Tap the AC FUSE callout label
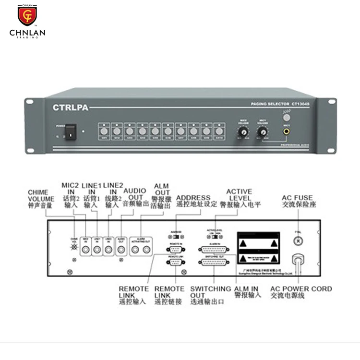pos(298,200)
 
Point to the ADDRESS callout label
pos(193,200)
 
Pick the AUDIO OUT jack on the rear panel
pos(121,249)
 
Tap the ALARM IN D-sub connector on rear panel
pos(214,250)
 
